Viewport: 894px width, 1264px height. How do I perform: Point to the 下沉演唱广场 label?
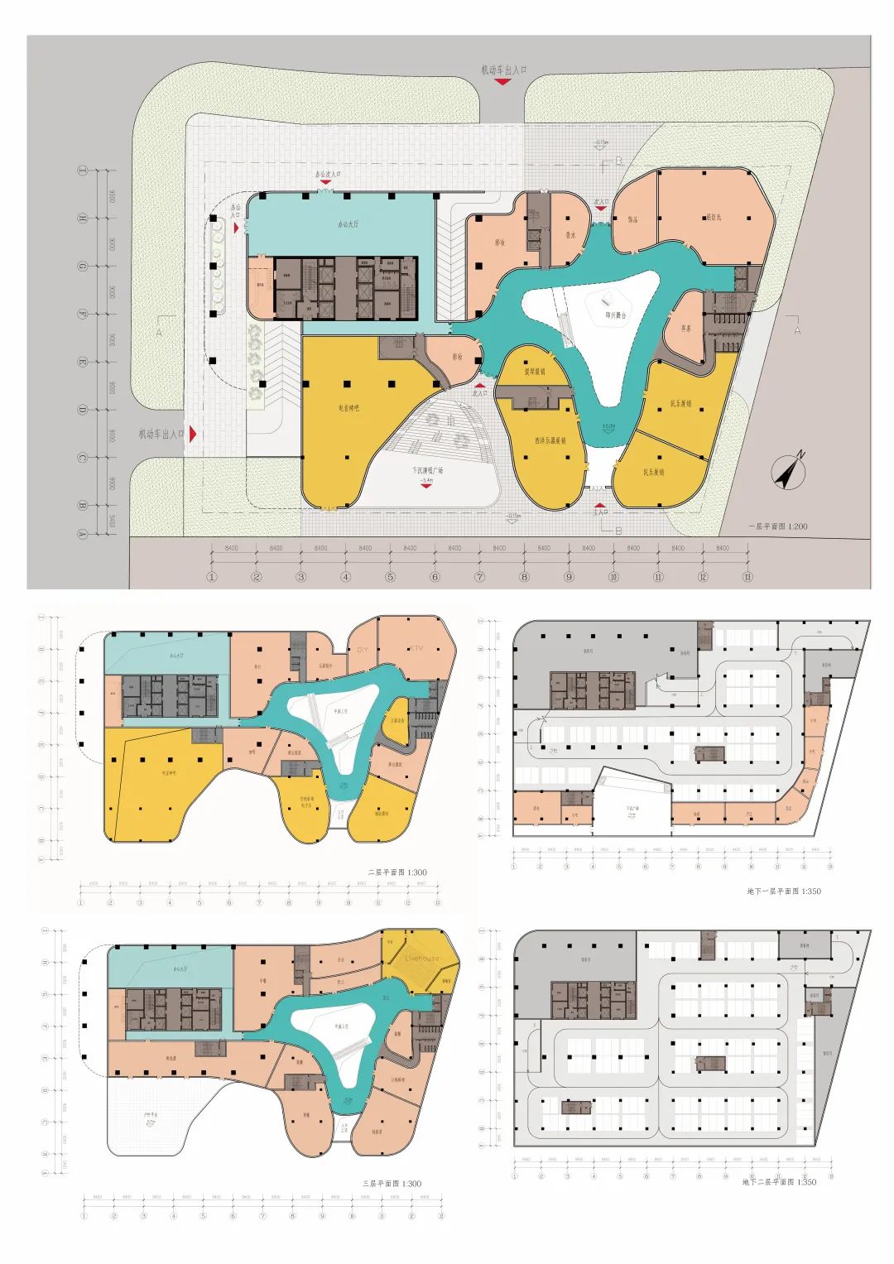[427, 471]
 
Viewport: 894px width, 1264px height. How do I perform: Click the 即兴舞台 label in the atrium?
[616, 315]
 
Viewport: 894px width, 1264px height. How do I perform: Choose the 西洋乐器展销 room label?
[550, 440]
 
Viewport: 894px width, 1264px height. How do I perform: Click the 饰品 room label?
[632, 219]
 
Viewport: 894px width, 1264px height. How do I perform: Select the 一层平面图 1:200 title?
[777, 526]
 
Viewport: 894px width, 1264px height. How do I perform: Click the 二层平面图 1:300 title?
[397, 872]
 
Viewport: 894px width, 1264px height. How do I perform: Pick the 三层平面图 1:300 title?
[392, 1184]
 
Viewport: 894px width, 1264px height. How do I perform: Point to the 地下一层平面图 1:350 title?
[782, 892]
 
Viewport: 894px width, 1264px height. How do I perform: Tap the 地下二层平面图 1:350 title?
[779, 1182]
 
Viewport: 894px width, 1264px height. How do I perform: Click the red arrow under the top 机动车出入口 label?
[502, 82]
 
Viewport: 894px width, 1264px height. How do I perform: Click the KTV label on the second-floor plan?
[413, 649]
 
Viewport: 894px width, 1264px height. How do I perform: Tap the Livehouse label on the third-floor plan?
[422, 959]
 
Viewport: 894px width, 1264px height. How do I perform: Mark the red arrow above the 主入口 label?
[600, 502]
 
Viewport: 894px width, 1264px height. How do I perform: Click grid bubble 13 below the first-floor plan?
[747, 577]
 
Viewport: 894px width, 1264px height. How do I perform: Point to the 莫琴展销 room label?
[533, 372]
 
